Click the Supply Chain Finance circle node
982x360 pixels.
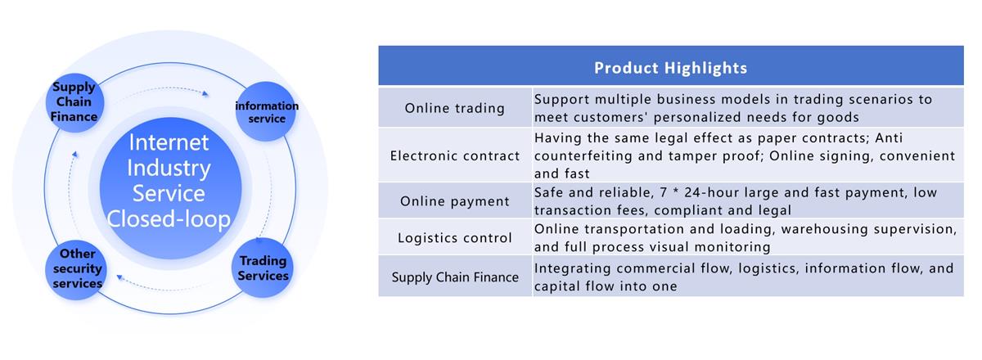pyautogui.click(x=74, y=102)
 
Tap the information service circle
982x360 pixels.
pyautogui.click(x=266, y=111)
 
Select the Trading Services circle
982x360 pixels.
pyautogui.click(x=263, y=268)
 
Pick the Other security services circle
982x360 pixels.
pyautogui.click(x=76, y=270)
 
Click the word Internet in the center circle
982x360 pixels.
pyautogui.click(x=169, y=142)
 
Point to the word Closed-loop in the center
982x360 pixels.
pyautogui.click(x=169, y=218)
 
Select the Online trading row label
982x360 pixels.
pyautogui.click(x=455, y=108)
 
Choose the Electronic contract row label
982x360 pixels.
pyautogui.click(x=455, y=155)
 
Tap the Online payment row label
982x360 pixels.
pyautogui.click(x=455, y=201)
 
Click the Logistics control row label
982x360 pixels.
pyautogui.click(x=455, y=237)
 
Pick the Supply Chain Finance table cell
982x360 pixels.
pyautogui.click(x=455, y=277)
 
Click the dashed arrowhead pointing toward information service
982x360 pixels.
pyautogui.click(x=205, y=93)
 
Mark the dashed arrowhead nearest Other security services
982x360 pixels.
pyautogui.click(x=119, y=277)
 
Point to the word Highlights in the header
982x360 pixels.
pyautogui.click(x=705, y=69)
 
